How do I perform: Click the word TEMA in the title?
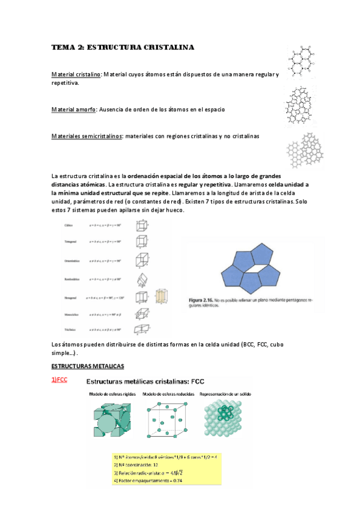(x=61, y=47)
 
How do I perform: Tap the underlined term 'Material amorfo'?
(x=73, y=109)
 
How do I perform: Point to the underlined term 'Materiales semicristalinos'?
(x=87, y=137)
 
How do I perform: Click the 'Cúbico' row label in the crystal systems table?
(x=69, y=224)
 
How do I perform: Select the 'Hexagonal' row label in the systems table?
(x=70, y=296)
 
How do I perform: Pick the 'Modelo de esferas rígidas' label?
(x=113, y=394)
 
